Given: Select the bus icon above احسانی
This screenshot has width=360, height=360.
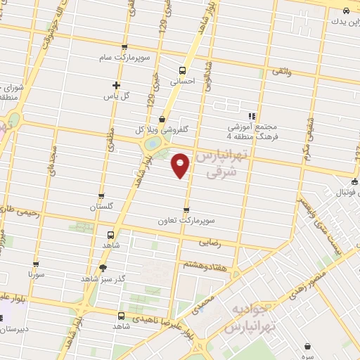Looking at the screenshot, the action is click(182, 70).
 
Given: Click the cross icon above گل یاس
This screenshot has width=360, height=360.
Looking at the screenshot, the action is click(116, 85).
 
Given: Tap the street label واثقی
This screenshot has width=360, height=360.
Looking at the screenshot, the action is click(278, 72).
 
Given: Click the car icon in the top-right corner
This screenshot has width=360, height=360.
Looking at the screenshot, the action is click(346, 11).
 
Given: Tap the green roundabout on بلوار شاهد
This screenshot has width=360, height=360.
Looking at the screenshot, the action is click(152, 145).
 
